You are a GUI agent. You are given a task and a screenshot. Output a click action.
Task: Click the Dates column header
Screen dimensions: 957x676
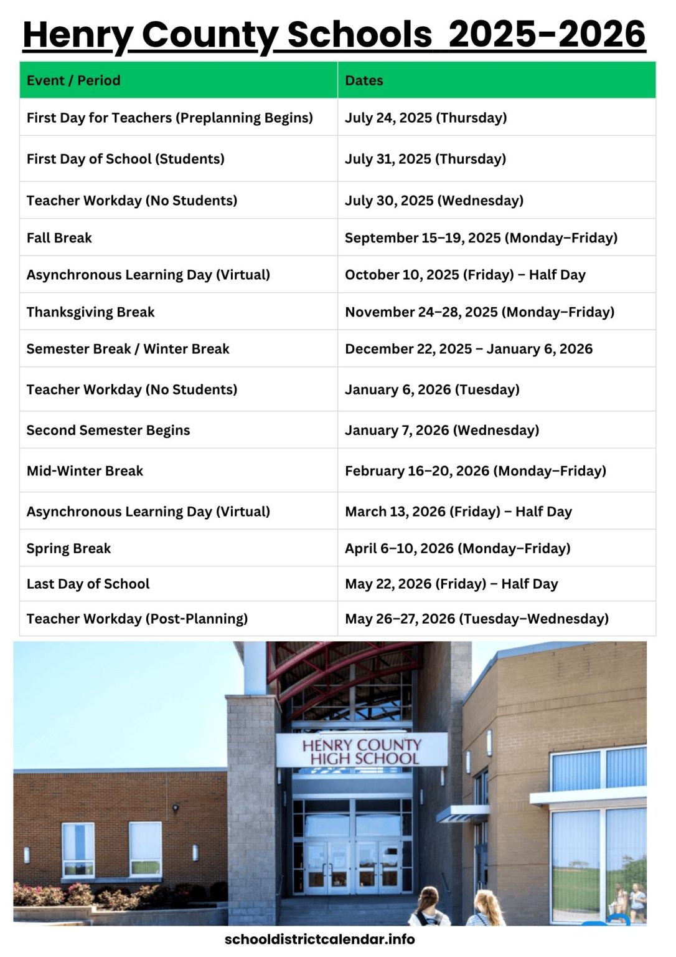click(x=364, y=80)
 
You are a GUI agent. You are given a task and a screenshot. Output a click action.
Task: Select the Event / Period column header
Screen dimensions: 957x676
click(x=73, y=80)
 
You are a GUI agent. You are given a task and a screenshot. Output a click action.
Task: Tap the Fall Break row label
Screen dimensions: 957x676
click(x=59, y=237)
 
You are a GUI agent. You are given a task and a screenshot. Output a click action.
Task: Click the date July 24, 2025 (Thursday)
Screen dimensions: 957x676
click(x=426, y=118)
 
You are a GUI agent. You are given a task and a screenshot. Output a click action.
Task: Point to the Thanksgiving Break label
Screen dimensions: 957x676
click(x=90, y=312)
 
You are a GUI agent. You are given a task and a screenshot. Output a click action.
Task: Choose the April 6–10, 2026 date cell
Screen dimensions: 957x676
click(x=458, y=548)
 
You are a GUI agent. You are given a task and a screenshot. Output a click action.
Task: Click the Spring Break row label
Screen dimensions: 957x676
click(x=68, y=548)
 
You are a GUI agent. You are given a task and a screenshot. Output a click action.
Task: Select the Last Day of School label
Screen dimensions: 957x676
click(x=88, y=584)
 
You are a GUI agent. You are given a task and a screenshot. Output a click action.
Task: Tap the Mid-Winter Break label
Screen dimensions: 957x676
click(x=85, y=470)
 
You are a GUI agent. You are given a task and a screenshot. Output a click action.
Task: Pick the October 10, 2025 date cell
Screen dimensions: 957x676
click(x=465, y=275)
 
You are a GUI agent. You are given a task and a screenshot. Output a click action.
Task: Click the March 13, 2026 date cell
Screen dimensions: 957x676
click(x=458, y=512)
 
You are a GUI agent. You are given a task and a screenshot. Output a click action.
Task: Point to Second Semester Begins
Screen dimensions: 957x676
click(x=108, y=430)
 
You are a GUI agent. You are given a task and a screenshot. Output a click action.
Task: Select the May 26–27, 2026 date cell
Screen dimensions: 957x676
click(x=477, y=619)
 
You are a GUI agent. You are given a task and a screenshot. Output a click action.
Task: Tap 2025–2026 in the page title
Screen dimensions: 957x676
click(x=547, y=34)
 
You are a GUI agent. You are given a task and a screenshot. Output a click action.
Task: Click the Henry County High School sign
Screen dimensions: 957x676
click(x=362, y=751)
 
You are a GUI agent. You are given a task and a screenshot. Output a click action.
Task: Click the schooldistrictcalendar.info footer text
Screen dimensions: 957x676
click(x=319, y=939)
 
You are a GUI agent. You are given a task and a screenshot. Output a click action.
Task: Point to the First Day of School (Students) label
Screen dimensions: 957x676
click(x=125, y=159)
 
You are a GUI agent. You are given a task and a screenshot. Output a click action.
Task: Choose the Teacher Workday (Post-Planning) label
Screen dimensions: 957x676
click(x=137, y=619)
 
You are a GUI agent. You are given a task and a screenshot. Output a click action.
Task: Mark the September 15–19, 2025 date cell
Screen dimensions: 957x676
click(x=481, y=237)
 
